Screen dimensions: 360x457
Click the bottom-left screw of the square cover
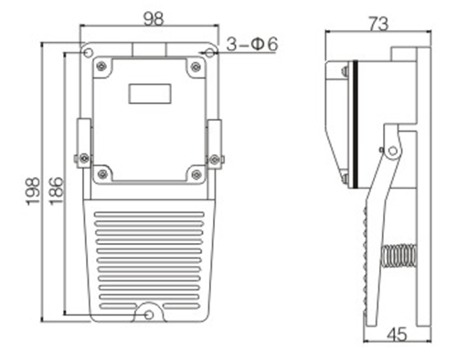point(102,170)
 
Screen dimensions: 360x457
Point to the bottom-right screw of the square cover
point(195,170)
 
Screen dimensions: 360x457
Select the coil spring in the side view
point(398,256)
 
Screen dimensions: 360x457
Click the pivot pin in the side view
point(393,150)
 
